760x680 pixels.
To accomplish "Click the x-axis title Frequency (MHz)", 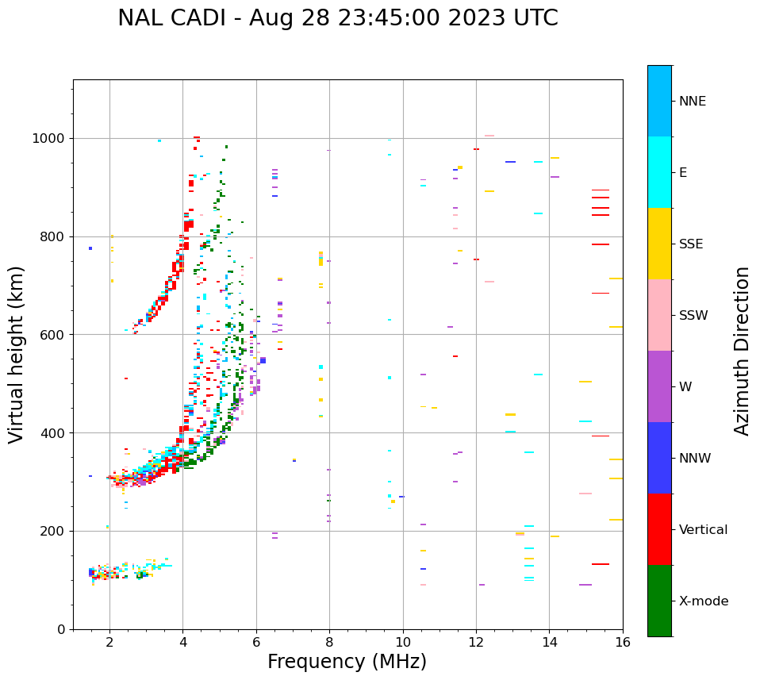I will click(347, 662).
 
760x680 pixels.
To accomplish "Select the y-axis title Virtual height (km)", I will click(17, 355).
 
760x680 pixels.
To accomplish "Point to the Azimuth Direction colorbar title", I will click(742, 351).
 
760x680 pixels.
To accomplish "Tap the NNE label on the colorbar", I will click(692, 102).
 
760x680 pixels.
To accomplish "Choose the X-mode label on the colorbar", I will click(704, 601).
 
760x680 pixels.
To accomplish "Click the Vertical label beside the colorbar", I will click(703, 530).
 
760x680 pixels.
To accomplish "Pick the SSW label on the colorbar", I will click(693, 316).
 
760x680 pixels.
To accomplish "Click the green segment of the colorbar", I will click(659, 601).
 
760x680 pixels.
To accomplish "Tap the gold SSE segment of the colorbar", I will click(659, 244).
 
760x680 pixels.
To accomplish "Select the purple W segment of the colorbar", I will click(659, 386).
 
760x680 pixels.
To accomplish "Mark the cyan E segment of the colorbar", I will click(659, 172).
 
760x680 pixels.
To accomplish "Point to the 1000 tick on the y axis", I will click(50, 138).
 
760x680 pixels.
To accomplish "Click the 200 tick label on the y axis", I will click(53, 531).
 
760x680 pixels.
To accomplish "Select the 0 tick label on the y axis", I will click(61, 629).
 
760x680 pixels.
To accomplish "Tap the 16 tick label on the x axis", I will click(623, 642).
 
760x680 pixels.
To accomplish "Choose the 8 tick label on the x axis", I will click(329, 642).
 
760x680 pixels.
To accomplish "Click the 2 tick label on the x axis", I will click(109, 642).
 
